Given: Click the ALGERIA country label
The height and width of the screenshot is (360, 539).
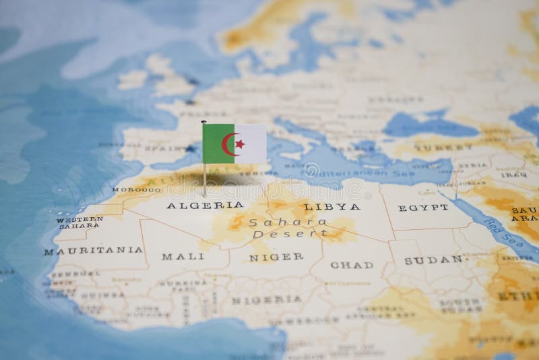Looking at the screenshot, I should coord(195,205).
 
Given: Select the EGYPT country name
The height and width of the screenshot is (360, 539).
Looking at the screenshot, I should coord(423,207).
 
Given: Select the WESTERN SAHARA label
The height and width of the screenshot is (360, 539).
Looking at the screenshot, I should coord(80,222).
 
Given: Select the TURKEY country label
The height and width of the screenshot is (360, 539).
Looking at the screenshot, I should coord(435,146).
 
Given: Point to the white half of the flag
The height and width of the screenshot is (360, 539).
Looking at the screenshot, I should coord(253,144).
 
